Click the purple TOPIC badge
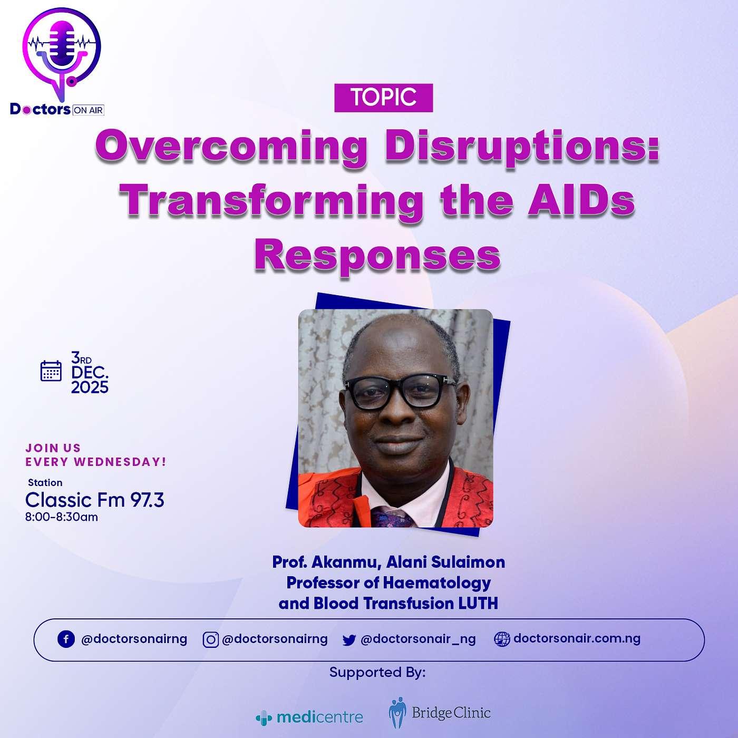pyautogui.click(x=383, y=98)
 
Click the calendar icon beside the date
pyautogui.click(x=51, y=371)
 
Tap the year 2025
pyautogui.click(x=90, y=387)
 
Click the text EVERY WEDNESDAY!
pyautogui.click(x=96, y=462)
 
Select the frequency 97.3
pyautogui.click(x=147, y=500)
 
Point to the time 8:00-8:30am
pyautogui.click(x=62, y=518)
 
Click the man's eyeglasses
pyautogui.click(x=400, y=392)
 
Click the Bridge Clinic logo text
pyautogui.click(x=451, y=713)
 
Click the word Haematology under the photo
pyautogui.click(x=437, y=584)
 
